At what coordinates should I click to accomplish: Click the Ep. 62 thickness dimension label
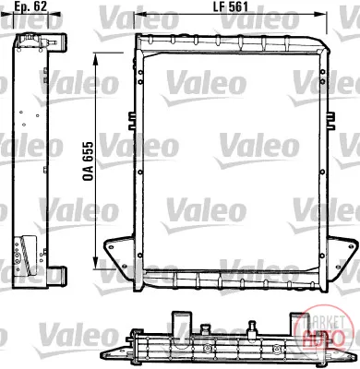tap(30, 6)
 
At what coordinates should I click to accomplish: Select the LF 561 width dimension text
tap(231, 6)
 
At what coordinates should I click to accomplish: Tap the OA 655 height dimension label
tap(88, 161)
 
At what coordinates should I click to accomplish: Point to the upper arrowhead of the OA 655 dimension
tap(96, 58)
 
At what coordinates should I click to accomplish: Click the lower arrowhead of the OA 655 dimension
tap(96, 264)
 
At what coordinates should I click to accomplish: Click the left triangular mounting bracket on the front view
tap(119, 255)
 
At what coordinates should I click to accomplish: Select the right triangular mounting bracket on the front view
tap(342, 255)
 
